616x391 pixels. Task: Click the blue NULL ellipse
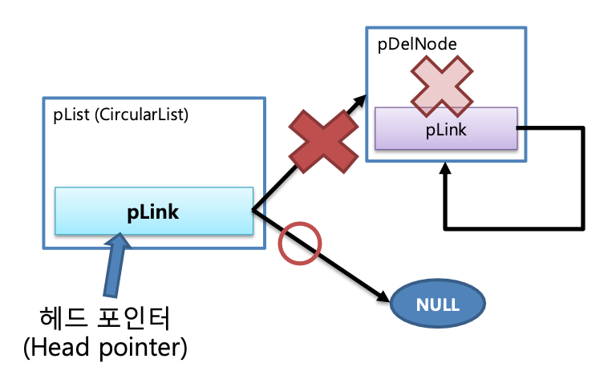(x=437, y=305)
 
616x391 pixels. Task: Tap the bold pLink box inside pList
(x=153, y=212)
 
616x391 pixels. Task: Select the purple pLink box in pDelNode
(x=446, y=128)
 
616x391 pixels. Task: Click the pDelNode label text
(x=417, y=45)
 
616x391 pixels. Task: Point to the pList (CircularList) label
(x=120, y=115)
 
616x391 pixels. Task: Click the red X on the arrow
(x=322, y=141)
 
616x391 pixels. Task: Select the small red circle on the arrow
(x=298, y=242)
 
